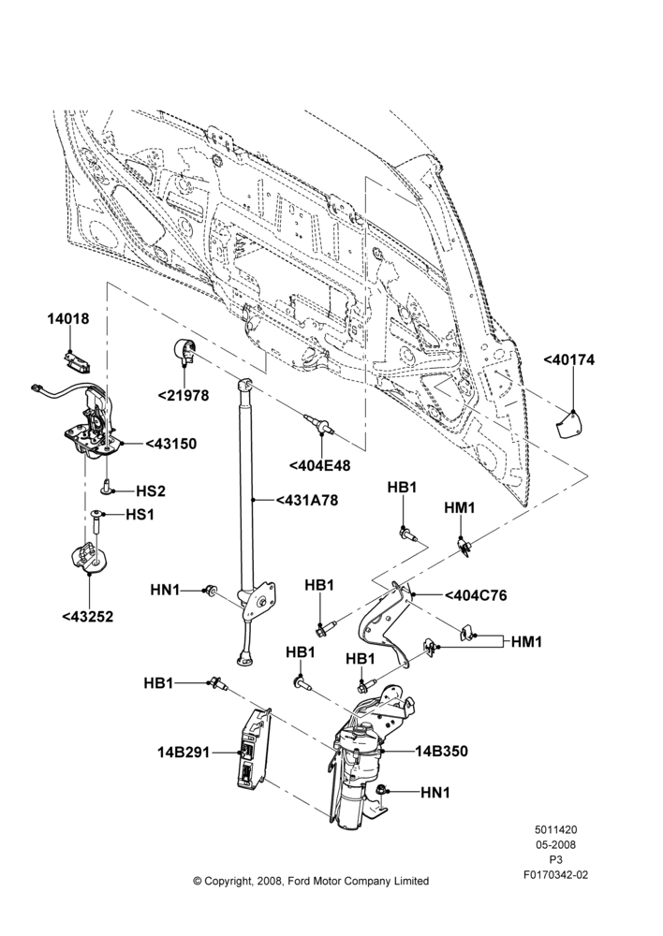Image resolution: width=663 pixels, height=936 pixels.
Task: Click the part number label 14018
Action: pos(68,319)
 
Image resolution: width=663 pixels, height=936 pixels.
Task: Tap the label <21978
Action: pos(184,395)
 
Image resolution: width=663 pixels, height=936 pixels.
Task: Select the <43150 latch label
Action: pos(170,444)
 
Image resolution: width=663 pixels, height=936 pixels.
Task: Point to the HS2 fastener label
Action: pos(151,491)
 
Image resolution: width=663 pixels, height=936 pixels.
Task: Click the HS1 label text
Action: pos(140,514)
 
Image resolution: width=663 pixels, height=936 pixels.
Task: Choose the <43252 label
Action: pos(87,617)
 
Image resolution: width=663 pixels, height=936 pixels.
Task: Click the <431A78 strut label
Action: pos(306,500)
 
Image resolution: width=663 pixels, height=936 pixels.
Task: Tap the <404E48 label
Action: pos(319,465)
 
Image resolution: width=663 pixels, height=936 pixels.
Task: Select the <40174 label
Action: pos(569,360)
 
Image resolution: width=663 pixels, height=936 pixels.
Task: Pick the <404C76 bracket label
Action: pos(476,595)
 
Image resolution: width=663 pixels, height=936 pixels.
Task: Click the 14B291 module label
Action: pos(184,753)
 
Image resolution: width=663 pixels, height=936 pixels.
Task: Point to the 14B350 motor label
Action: pos(441,751)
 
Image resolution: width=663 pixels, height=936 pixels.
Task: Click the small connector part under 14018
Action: pos(75,361)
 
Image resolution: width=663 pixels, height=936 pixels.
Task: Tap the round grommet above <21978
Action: pos(184,349)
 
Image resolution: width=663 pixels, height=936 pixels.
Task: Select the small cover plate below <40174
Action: pos(568,424)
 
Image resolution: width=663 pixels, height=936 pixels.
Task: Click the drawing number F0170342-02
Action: pos(555,875)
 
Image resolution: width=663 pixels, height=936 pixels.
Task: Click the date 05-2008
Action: pos(555,844)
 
